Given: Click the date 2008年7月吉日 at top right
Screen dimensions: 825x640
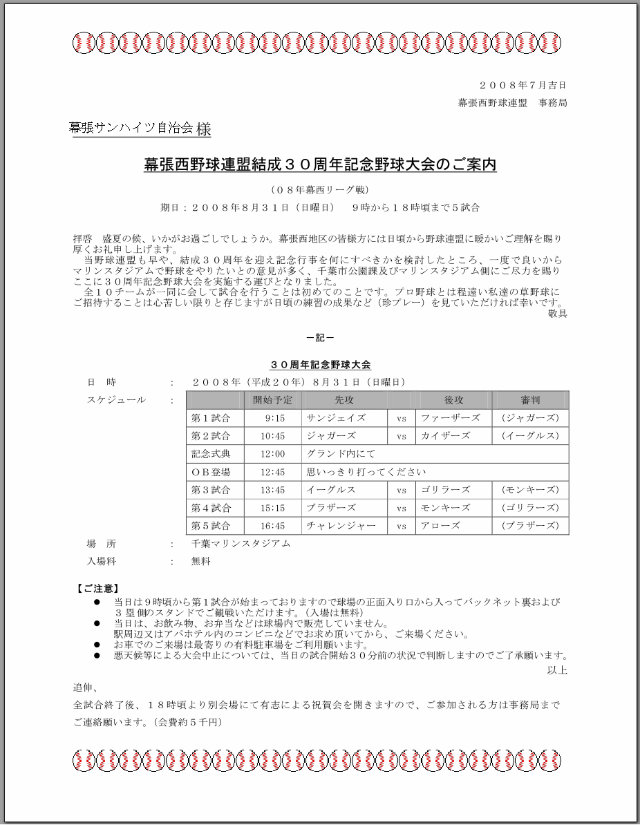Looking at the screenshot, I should pyautogui.click(x=523, y=86).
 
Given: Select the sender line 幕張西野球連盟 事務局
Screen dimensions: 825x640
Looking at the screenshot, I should pyautogui.click(x=513, y=103).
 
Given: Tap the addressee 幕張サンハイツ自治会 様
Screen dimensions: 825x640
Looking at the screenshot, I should pyautogui.click(x=140, y=129).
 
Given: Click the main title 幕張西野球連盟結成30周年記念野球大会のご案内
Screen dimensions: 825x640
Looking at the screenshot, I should pyautogui.click(x=320, y=165).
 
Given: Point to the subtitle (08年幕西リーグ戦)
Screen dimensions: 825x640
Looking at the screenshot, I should pyautogui.click(x=320, y=189).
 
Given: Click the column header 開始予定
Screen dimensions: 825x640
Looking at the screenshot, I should pyautogui.click(x=273, y=400).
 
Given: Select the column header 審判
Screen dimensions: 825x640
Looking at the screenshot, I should pyautogui.click(x=530, y=400).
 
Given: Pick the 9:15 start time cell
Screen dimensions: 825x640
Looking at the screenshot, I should pyautogui.click(x=274, y=418).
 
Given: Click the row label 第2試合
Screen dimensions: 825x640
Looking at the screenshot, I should pyautogui.click(x=211, y=436).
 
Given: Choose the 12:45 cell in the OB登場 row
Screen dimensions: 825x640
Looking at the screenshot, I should pyautogui.click(x=273, y=473).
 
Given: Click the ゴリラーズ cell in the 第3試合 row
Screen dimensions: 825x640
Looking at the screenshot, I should pyautogui.click(x=446, y=490).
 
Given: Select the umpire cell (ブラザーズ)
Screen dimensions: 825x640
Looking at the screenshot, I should pyautogui.click(x=530, y=526).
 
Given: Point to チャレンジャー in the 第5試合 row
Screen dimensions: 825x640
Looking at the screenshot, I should pyautogui.click(x=341, y=526).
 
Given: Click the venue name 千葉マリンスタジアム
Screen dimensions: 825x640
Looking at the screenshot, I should pyautogui.click(x=241, y=544).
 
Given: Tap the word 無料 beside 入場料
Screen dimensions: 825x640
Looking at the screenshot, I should pyautogui.click(x=200, y=562).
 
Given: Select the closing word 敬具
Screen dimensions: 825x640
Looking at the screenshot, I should pyautogui.click(x=557, y=314).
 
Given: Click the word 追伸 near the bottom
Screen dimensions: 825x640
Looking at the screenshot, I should pyautogui.click(x=86, y=688).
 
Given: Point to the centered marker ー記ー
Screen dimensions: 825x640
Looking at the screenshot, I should pyautogui.click(x=320, y=338).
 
